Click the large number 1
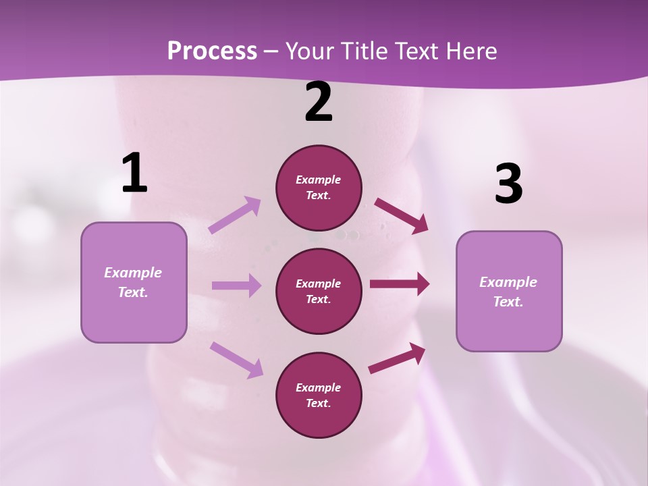[x=134, y=173]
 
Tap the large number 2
[x=319, y=103]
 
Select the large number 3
[x=508, y=184]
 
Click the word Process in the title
[x=212, y=51]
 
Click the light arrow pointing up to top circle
[x=235, y=215]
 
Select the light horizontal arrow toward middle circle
[x=236, y=286]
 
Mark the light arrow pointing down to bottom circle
[x=237, y=359]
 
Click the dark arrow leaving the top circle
[x=401, y=215]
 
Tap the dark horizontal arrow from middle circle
[x=399, y=284]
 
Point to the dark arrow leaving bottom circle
[x=397, y=358]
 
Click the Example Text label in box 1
[x=133, y=282]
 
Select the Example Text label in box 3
[x=508, y=292]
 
